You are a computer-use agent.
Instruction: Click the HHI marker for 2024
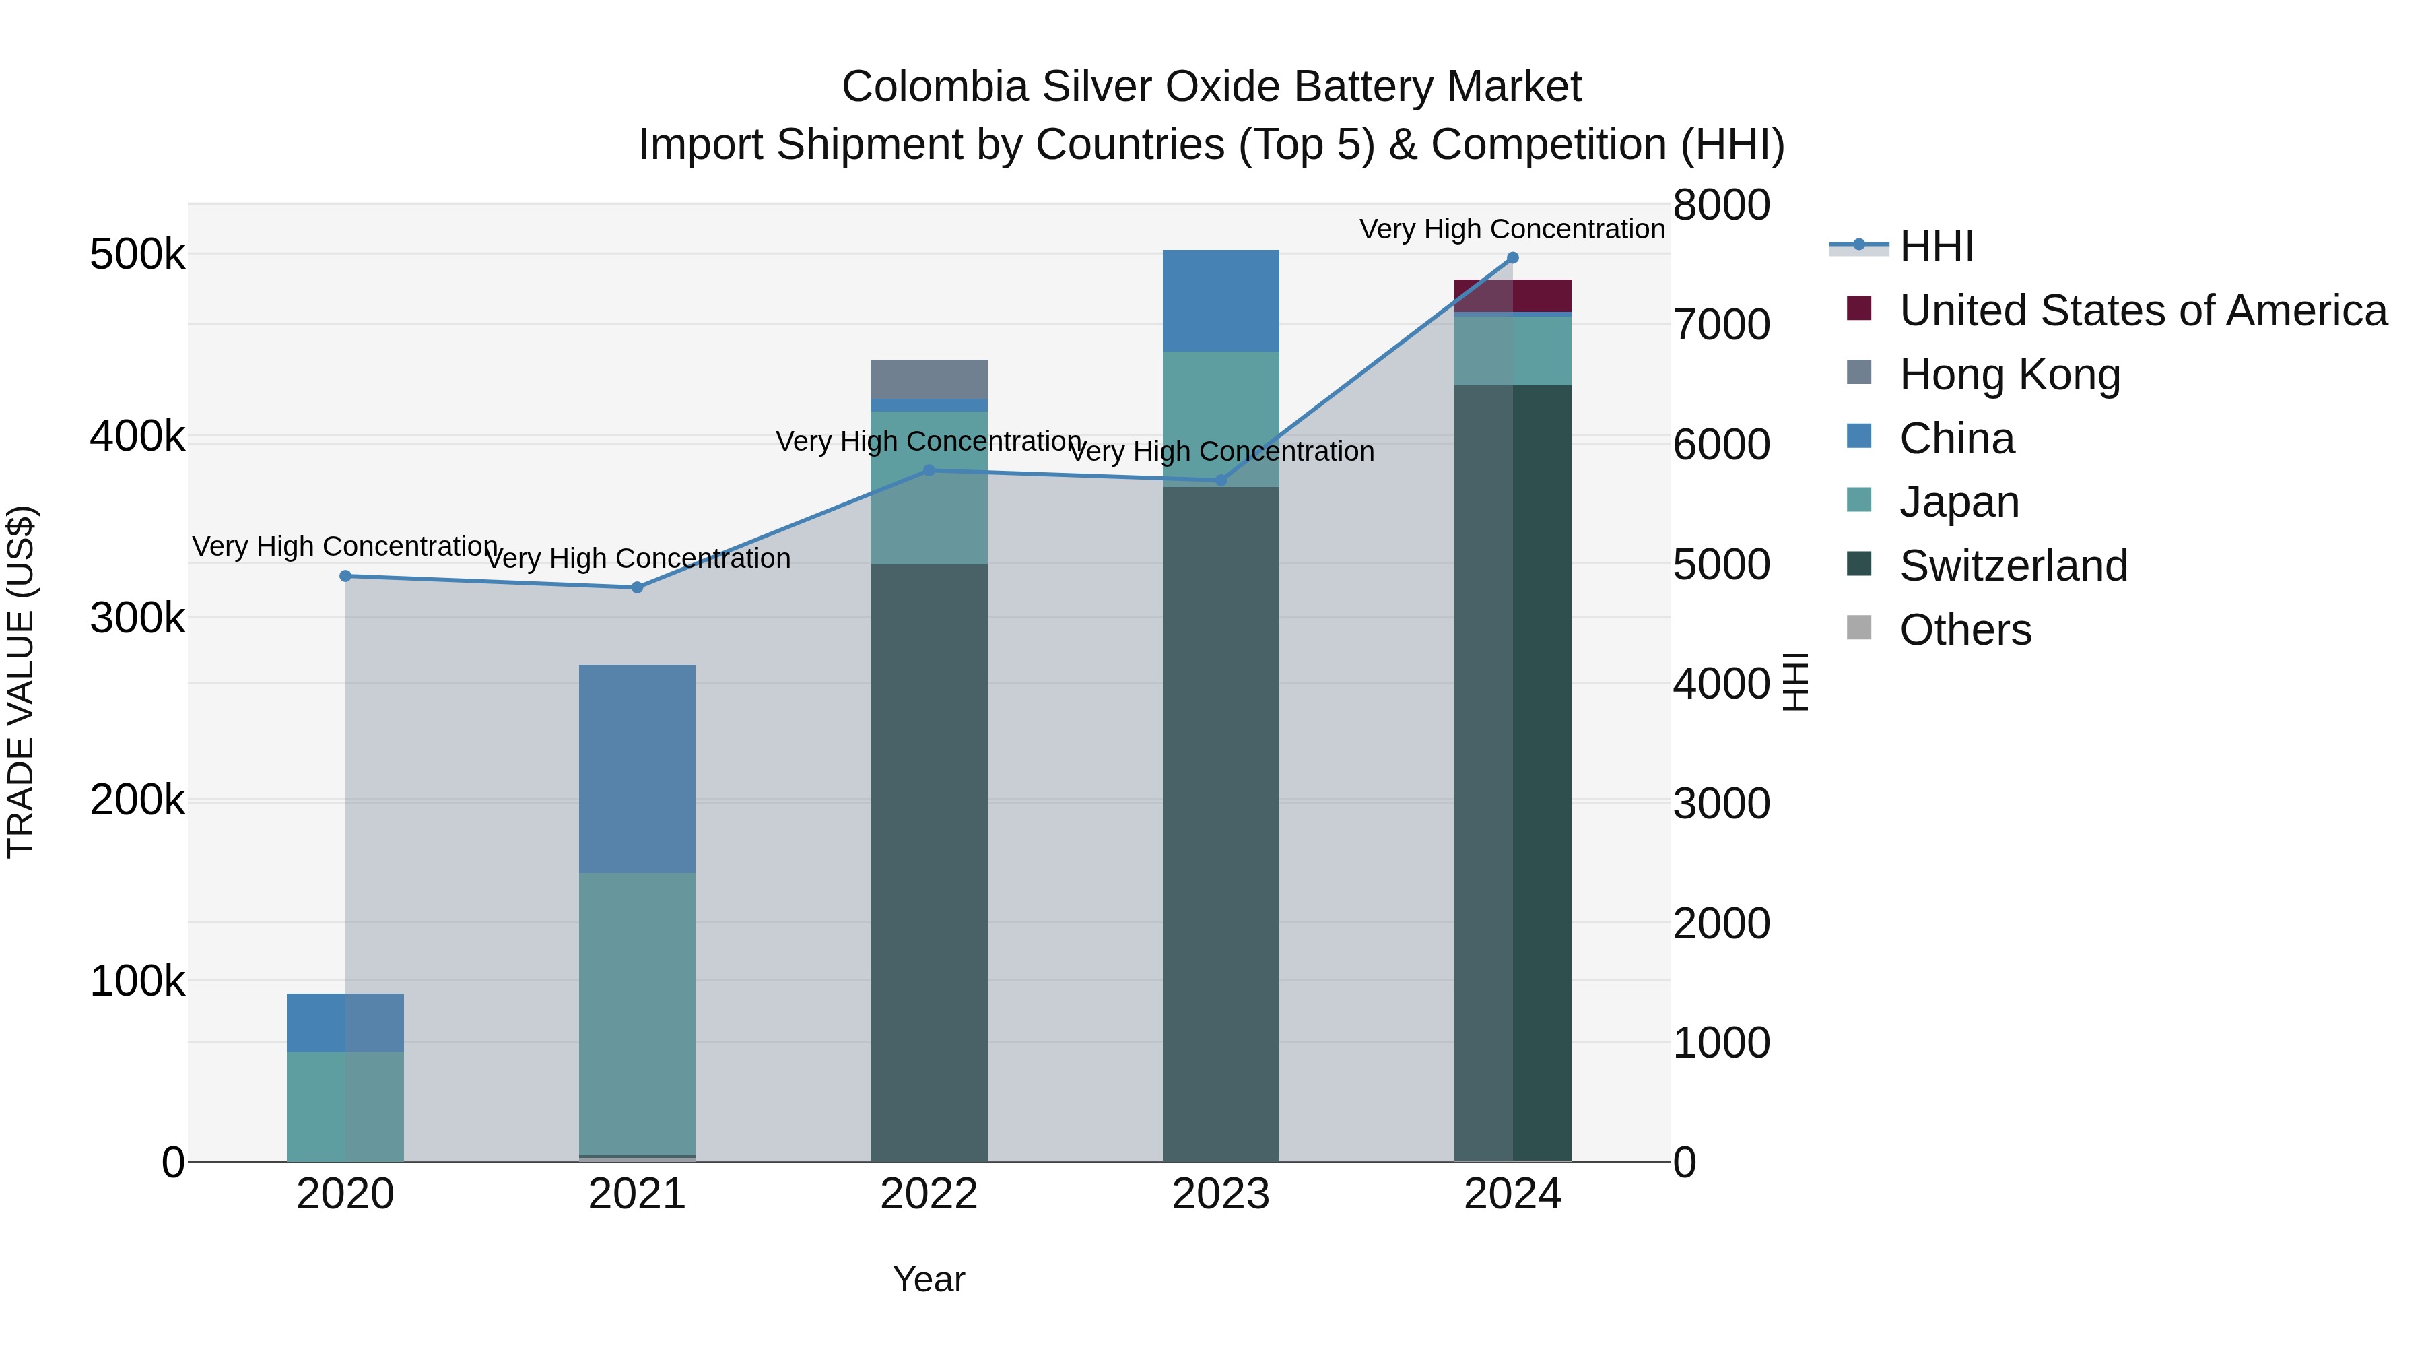coord(1512,258)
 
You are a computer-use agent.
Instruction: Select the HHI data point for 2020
coord(345,576)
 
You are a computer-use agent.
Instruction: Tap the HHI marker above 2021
coord(637,587)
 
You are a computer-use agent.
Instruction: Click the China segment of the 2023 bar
coord(1221,301)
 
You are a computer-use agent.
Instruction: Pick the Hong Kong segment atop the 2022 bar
coord(929,379)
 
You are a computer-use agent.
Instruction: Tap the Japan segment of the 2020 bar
coord(345,1106)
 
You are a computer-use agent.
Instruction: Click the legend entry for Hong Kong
coord(2009,375)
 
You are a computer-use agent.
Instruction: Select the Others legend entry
coord(1965,630)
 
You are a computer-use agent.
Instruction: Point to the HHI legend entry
coord(1936,247)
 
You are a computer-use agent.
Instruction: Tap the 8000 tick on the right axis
coord(1721,205)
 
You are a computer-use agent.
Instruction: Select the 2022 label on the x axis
coord(929,1194)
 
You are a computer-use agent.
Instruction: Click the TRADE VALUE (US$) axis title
coord(21,682)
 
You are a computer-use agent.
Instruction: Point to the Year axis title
coord(929,1279)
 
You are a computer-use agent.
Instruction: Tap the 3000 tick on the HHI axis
coord(1721,804)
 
